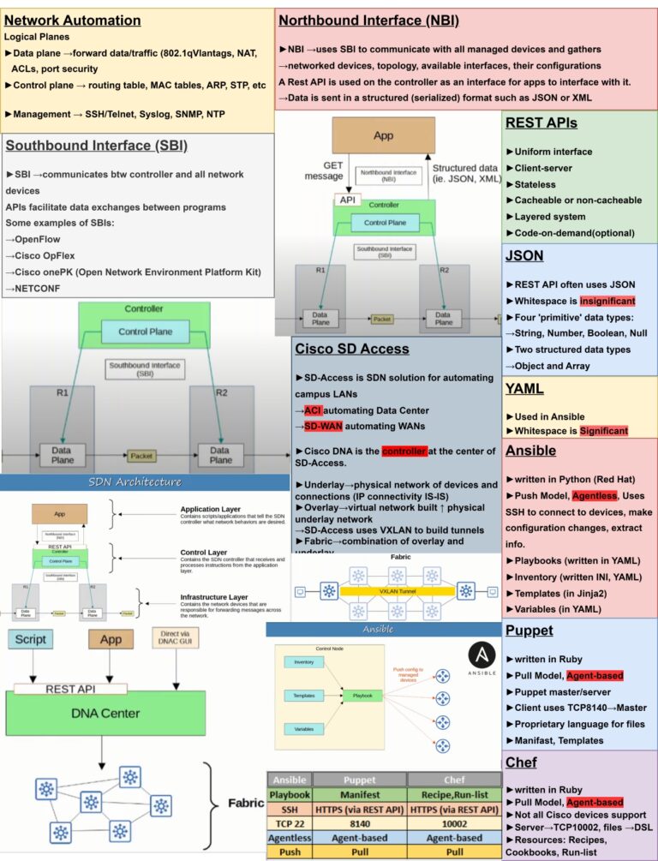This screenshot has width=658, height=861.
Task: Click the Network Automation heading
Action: [x=73, y=20]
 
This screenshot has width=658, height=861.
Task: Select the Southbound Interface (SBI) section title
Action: [x=96, y=146]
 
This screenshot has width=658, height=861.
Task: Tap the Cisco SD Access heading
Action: [x=351, y=349]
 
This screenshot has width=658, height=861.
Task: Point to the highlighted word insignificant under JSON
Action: [x=607, y=301]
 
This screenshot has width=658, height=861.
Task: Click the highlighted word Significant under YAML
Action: [x=603, y=430]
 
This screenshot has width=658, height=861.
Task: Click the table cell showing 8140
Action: [x=359, y=822]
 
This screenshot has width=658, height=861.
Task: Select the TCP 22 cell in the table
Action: [x=289, y=822]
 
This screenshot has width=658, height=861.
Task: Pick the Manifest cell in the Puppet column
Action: [x=359, y=794]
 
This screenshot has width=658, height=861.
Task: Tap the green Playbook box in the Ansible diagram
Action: [x=363, y=697]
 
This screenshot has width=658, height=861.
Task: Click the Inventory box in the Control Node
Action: [x=303, y=662]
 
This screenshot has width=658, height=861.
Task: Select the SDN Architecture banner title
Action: [x=135, y=481]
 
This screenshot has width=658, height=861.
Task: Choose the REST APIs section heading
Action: [x=541, y=123]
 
